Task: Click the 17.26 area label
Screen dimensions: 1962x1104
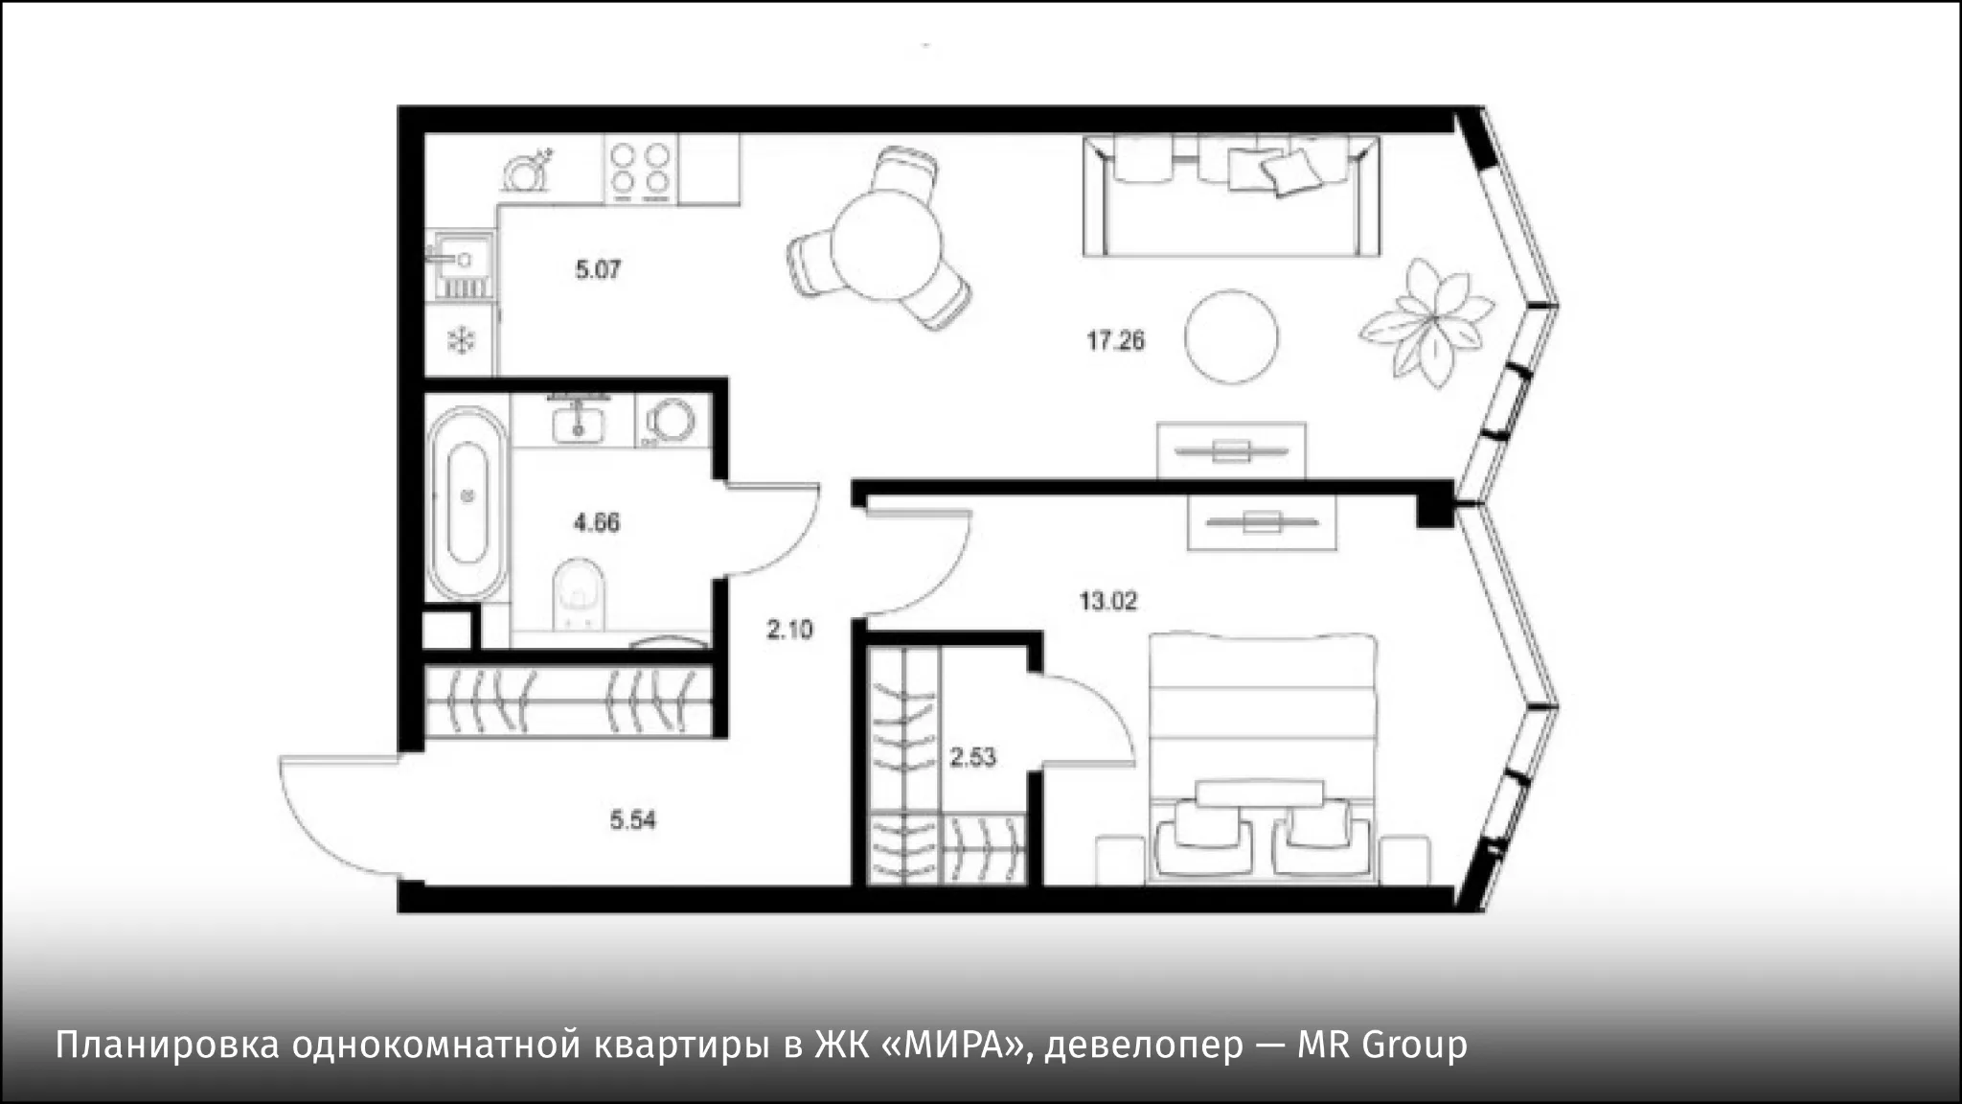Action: click(x=1115, y=340)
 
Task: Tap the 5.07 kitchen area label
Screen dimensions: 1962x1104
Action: click(x=598, y=270)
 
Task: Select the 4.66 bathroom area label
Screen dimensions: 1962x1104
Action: click(x=597, y=523)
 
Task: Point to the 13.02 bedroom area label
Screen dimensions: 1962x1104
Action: click(x=1108, y=602)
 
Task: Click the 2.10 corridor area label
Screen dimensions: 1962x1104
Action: click(x=789, y=630)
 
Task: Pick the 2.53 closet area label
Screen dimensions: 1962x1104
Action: click(x=972, y=758)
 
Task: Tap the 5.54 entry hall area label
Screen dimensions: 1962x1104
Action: click(x=633, y=820)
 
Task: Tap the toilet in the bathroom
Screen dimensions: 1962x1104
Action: click(x=581, y=595)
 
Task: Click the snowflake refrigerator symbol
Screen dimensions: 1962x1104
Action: click(x=463, y=340)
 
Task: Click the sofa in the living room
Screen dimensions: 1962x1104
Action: click(x=1232, y=195)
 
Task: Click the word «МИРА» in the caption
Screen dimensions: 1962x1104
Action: click(x=950, y=1045)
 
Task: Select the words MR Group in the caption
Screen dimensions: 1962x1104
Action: click(x=1382, y=1045)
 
